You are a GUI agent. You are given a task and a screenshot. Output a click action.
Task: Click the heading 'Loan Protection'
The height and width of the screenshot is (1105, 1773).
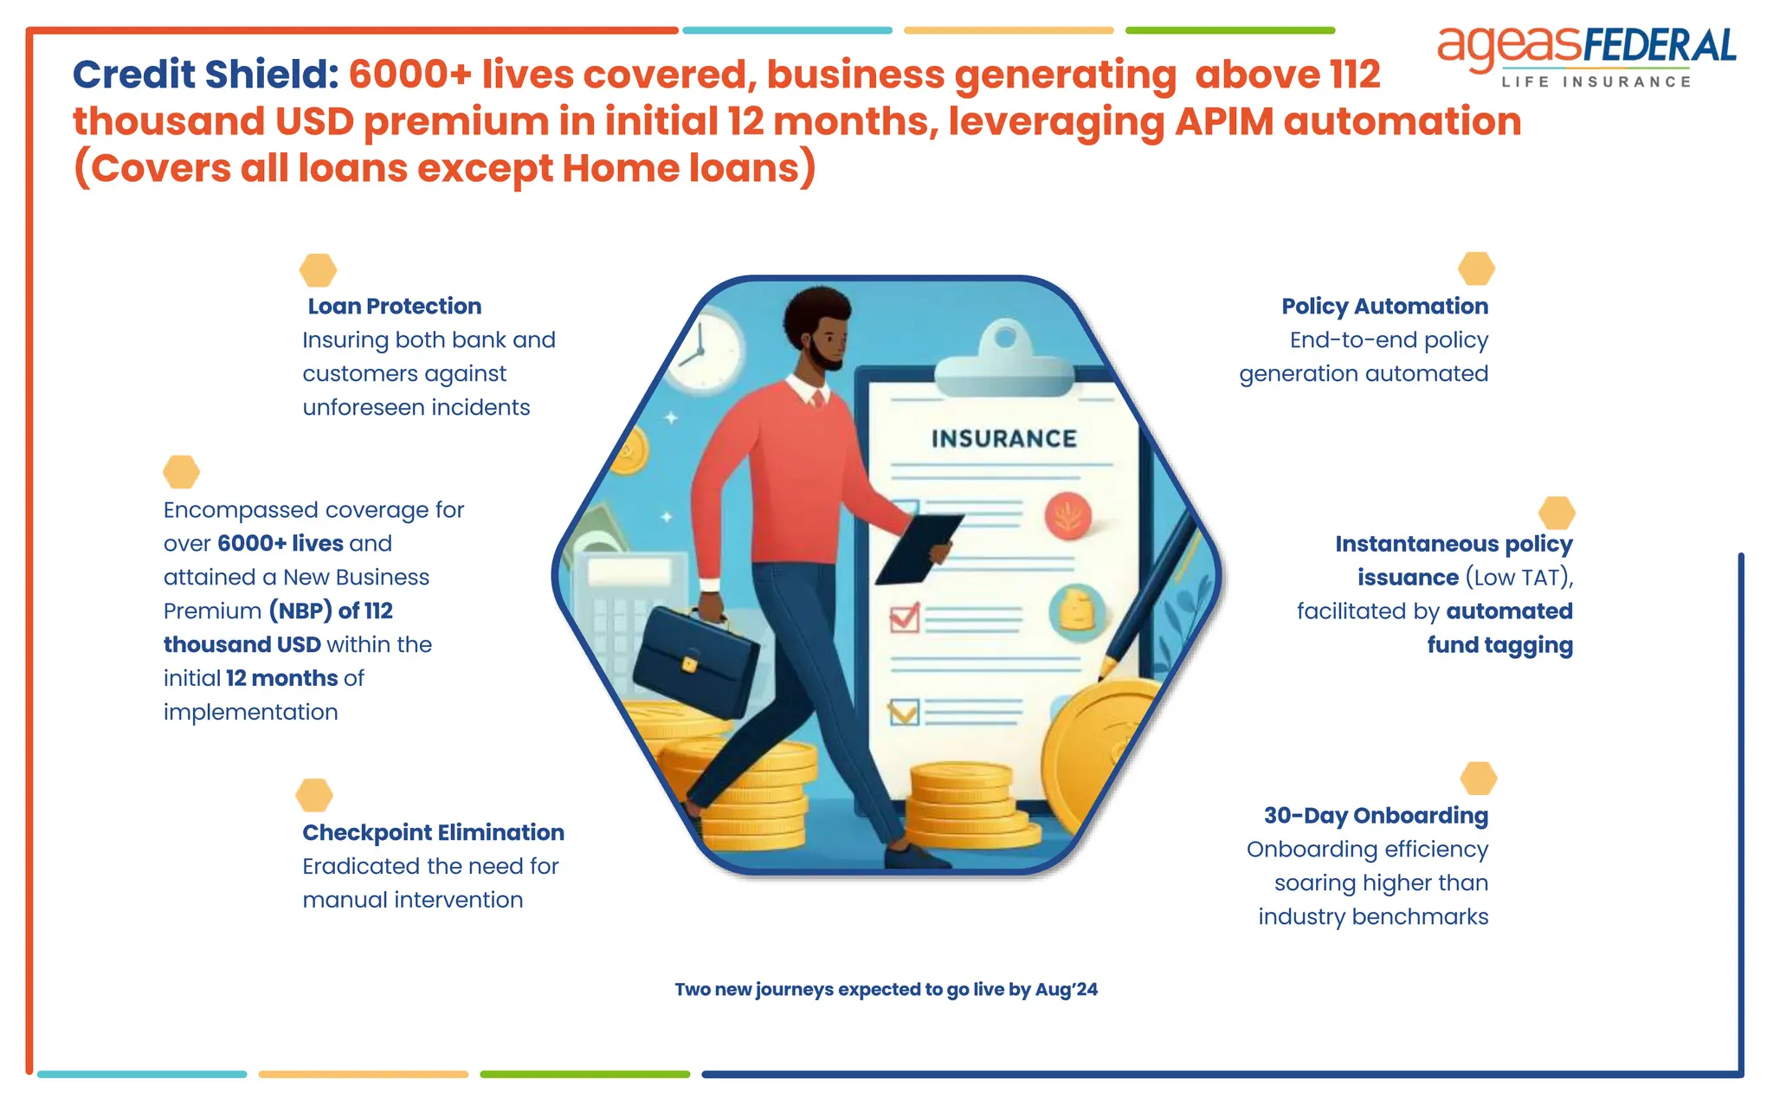click(394, 307)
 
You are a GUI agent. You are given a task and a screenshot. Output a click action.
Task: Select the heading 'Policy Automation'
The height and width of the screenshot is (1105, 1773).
click(1384, 307)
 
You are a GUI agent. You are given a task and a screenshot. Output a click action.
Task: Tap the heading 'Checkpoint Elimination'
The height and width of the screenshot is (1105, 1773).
click(433, 833)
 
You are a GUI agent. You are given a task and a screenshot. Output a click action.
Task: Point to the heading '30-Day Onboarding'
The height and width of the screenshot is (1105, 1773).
click(1376, 816)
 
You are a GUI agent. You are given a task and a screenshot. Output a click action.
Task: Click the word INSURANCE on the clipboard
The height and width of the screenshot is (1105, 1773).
click(1004, 439)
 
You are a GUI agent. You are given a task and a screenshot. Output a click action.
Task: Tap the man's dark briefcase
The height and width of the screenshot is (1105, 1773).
click(694, 660)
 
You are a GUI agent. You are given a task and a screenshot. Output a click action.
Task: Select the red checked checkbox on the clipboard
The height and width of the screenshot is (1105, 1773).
click(905, 617)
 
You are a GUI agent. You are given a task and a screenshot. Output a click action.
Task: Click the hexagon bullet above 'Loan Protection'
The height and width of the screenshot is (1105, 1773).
click(318, 270)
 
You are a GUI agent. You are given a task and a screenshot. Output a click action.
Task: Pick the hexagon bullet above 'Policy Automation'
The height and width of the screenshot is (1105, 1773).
click(1476, 268)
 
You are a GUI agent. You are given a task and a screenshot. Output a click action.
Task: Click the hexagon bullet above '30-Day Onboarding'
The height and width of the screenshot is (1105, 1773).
click(1478, 779)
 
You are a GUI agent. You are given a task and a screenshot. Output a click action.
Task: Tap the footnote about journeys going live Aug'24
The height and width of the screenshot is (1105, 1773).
click(886, 990)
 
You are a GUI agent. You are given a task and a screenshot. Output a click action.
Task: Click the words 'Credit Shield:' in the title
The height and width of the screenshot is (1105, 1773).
click(205, 75)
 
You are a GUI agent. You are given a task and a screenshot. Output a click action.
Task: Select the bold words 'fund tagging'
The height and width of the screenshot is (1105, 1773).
click(1499, 645)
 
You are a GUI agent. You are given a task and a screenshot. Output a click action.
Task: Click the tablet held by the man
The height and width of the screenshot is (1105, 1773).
click(919, 548)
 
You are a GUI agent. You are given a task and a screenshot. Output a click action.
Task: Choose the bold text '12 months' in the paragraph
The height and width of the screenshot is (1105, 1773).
click(281, 679)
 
